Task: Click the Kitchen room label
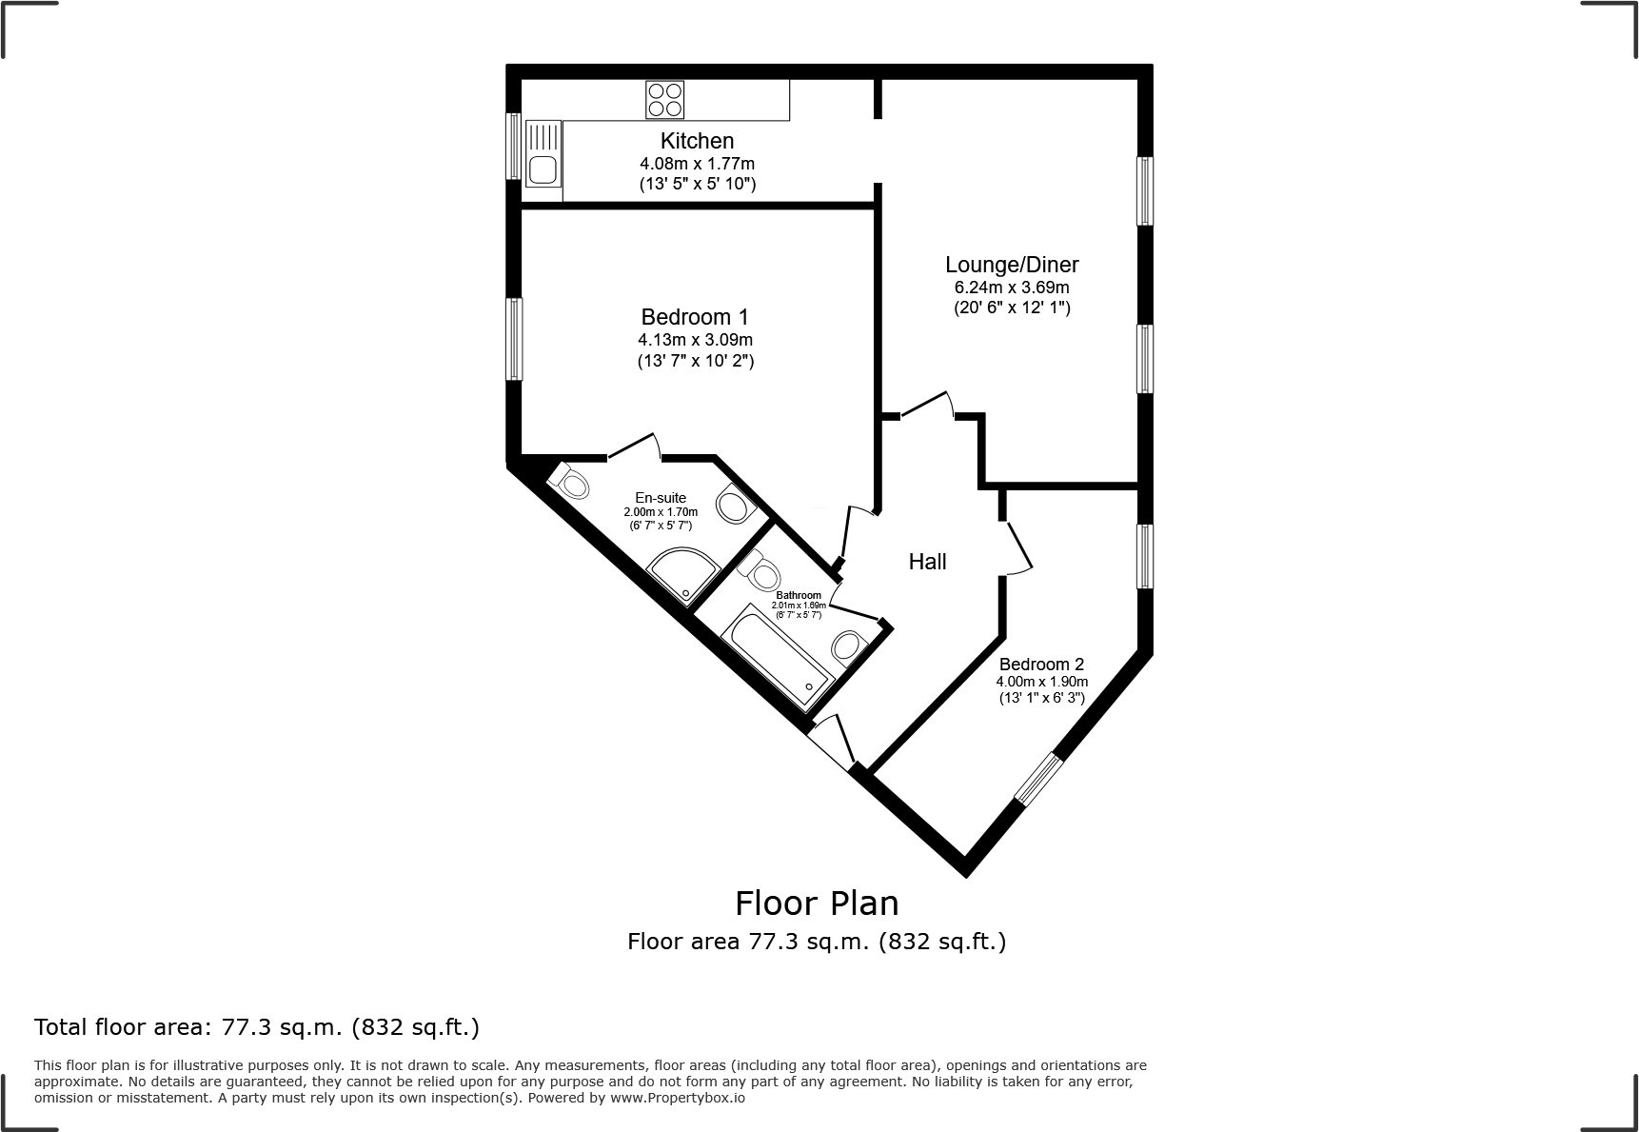pyautogui.click(x=697, y=141)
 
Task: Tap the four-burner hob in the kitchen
pyautogui.click(x=664, y=100)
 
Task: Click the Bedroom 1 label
pyautogui.click(x=695, y=317)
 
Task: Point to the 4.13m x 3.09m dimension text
pyautogui.click(x=695, y=340)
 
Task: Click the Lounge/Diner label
pyautogui.click(x=1012, y=265)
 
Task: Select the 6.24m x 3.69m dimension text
pyautogui.click(x=1012, y=288)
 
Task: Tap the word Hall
pyautogui.click(x=927, y=562)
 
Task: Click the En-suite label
pyautogui.click(x=661, y=498)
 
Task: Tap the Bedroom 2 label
pyautogui.click(x=1041, y=665)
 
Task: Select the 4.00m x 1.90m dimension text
pyautogui.click(x=1041, y=682)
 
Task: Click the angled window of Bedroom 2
pyautogui.click(x=1037, y=778)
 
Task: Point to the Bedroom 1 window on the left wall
pyautogui.click(x=514, y=339)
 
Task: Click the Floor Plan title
pyautogui.click(x=817, y=903)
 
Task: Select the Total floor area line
pyautogui.click(x=257, y=1027)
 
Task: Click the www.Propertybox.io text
pyautogui.click(x=677, y=1098)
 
